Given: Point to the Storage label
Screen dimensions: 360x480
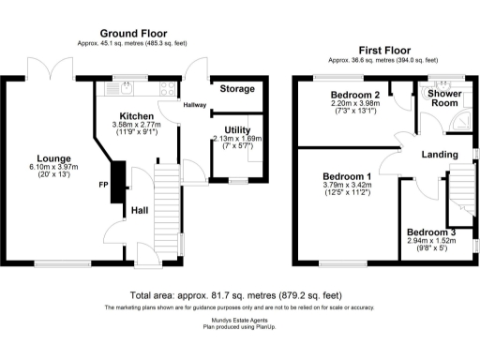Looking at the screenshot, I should point(237,89).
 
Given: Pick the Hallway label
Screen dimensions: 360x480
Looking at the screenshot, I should point(195,105).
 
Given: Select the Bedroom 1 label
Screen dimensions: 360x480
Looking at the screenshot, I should point(347,176).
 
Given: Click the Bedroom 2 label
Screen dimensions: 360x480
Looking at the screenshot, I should point(355,96).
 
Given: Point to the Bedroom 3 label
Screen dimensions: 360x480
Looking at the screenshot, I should point(431,232).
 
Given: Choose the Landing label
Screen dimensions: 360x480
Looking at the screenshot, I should point(440,155).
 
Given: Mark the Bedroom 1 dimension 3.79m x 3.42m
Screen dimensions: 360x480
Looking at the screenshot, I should point(347,186).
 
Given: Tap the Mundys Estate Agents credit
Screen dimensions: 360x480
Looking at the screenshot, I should point(240,320).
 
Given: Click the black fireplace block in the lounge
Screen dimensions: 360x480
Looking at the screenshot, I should point(117,182).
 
